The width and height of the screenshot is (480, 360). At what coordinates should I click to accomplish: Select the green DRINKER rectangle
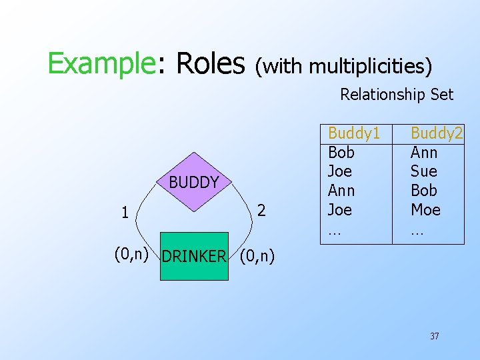click(194, 256)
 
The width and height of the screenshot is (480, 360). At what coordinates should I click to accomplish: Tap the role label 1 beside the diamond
click(125, 213)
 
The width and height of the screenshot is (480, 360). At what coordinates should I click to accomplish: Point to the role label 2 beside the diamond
click(262, 211)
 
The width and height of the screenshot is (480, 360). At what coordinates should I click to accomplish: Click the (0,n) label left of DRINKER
click(130, 254)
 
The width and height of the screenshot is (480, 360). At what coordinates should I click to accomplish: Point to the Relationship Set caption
click(397, 95)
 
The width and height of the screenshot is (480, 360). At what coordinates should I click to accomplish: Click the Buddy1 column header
click(354, 133)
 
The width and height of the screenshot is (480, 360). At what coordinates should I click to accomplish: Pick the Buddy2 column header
click(437, 133)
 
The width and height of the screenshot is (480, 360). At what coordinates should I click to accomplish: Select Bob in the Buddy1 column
click(342, 153)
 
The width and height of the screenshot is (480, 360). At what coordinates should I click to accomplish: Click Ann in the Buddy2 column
click(424, 153)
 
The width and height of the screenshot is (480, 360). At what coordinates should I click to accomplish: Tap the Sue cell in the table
click(423, 171)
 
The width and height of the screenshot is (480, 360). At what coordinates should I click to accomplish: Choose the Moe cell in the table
click(425, 210)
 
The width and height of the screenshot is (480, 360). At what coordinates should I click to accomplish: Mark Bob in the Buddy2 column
click(424, 191)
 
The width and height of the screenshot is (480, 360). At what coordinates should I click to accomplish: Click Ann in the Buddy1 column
click(342, 191)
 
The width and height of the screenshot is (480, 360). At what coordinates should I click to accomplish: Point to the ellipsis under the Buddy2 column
click(417, 232)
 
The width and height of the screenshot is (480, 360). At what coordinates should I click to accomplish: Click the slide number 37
click(434, 336)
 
